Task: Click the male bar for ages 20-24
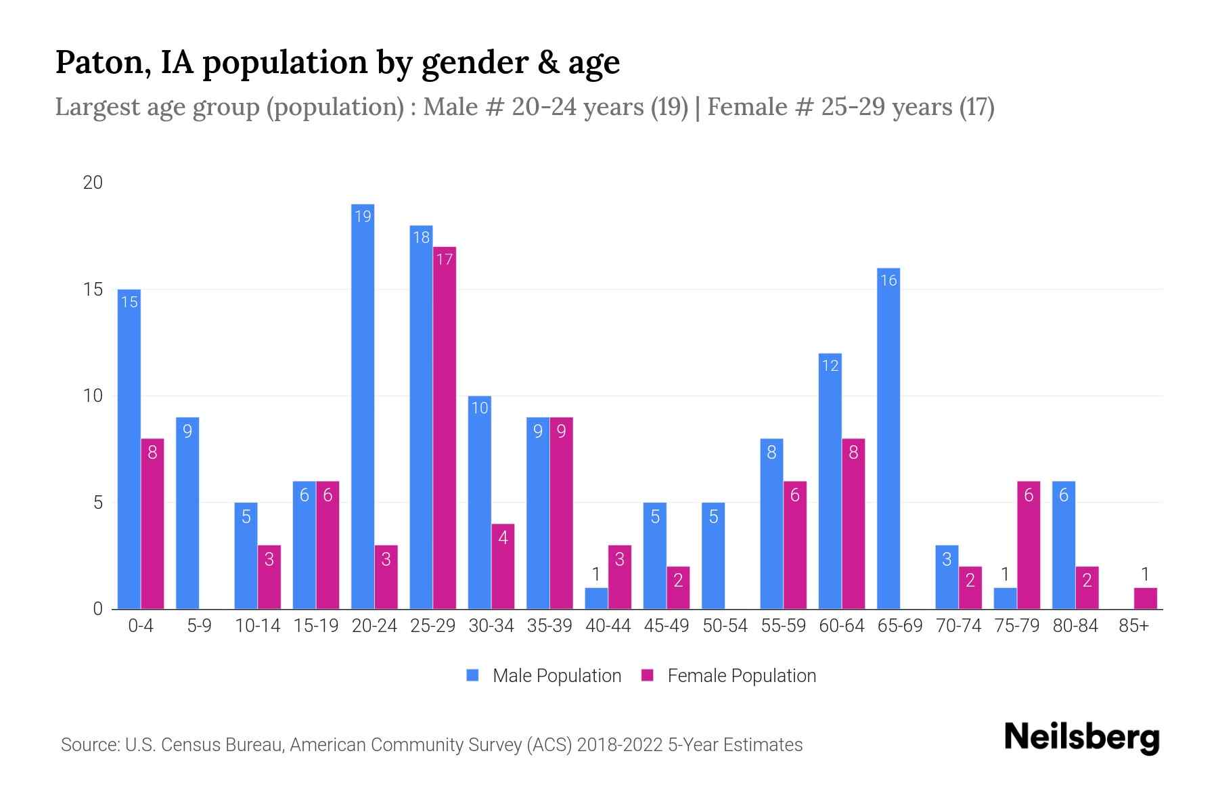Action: [363, 406]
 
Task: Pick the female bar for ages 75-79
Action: [1028, 545]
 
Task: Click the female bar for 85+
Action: [1145, 598]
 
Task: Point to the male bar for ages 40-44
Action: [596, 598]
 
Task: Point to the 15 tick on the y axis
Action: [93, 290]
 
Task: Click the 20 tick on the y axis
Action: [93, 183]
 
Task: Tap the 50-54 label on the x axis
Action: [725, 626]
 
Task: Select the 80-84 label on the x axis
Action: [1075, 626]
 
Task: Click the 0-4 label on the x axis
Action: [141, 626]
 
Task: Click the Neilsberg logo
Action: [1081, 738]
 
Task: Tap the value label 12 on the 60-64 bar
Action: [830, 366]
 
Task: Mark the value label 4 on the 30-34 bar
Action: [503, 538]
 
